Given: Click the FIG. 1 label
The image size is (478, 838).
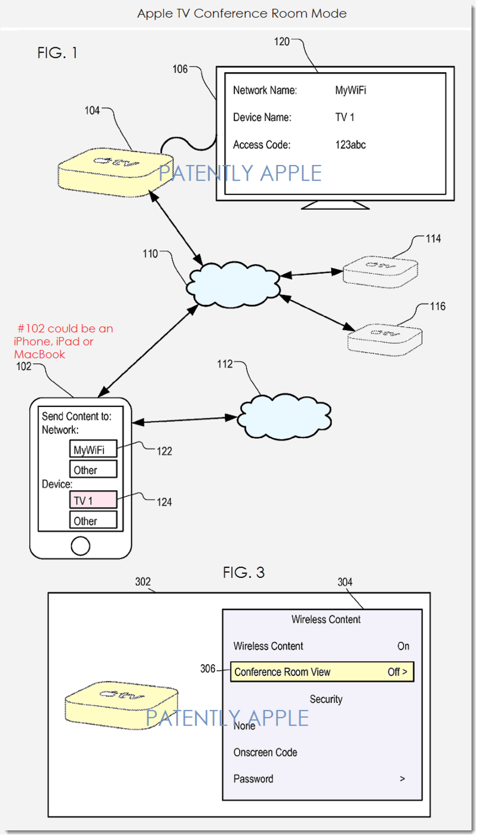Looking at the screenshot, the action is point(57,53).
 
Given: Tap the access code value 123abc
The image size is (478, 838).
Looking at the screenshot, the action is point(351,145).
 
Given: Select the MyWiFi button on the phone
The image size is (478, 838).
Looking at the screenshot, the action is point(93,449).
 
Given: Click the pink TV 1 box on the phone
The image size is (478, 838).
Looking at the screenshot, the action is point(93,500).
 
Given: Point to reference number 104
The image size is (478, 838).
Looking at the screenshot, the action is point(92,111).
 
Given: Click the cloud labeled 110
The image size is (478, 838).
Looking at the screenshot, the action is point(234,285).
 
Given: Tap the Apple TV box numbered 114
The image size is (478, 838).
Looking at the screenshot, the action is point(380,272).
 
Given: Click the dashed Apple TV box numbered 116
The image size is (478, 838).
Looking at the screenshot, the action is point(385,340).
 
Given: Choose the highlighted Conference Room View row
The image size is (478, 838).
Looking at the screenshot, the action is point(322,672).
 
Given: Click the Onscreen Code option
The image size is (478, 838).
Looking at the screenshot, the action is point(265,753).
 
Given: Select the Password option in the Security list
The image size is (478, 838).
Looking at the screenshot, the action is point(253,779).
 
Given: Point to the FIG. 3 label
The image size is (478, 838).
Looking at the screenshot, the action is point(244,573).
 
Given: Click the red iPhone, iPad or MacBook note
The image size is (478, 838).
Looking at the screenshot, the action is point(63,341).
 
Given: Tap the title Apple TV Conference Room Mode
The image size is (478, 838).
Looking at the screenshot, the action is point(242,14).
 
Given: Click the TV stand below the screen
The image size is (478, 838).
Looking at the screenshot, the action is point(335,205).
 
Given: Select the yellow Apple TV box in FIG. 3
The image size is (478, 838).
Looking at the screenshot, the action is point(121,705).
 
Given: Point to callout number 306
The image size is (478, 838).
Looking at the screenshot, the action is point(207,668).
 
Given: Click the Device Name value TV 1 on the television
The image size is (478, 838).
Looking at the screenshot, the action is point(345,118).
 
